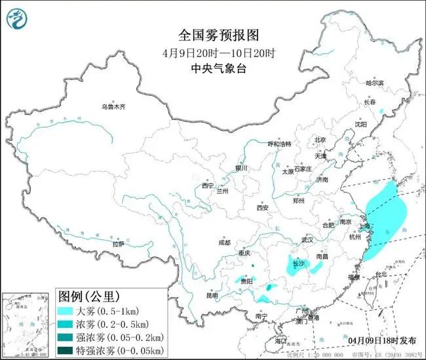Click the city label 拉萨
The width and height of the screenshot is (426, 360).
119,244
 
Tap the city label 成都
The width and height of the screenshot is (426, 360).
225,242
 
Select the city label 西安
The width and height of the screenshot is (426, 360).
262,207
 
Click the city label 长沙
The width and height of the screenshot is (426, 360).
299,264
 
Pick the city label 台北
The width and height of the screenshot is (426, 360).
379,273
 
